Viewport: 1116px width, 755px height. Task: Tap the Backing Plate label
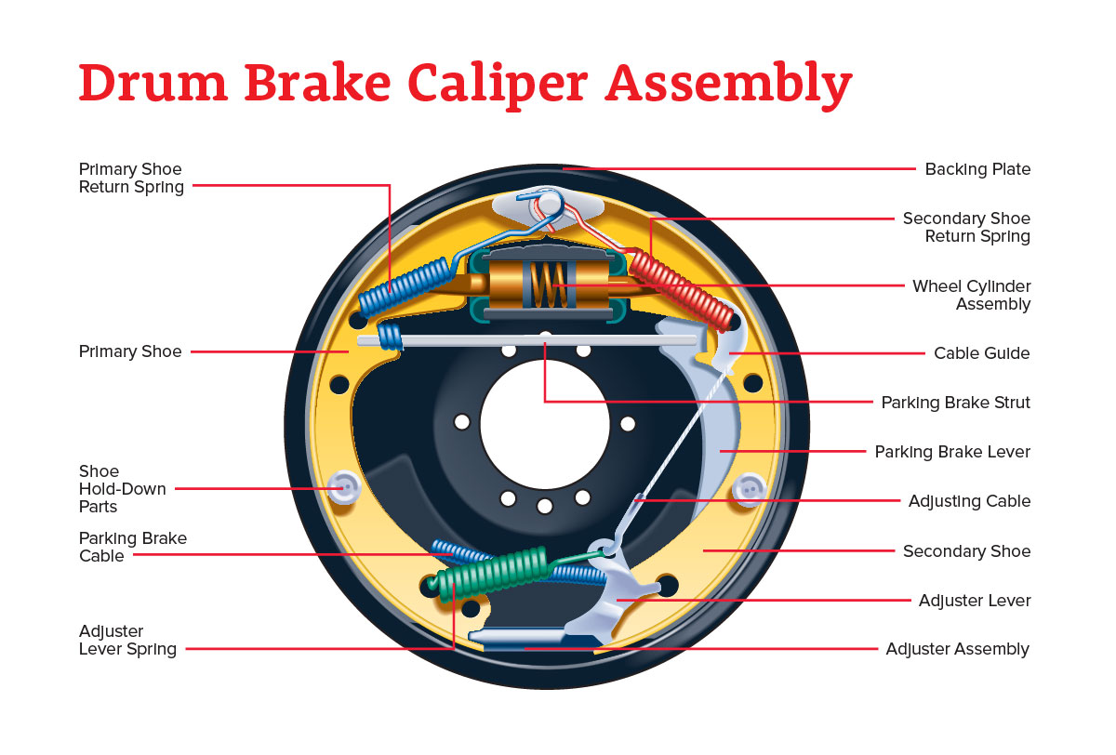tap(977, 169)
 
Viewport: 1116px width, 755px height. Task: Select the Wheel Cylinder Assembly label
tap(971, 295)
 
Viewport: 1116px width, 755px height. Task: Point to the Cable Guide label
tap(982, 353)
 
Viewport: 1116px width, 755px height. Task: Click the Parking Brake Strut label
tap(955, 403)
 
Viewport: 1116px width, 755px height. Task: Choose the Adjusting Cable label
tap(969, 501)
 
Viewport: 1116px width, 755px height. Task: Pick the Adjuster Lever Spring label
tap(127, 641)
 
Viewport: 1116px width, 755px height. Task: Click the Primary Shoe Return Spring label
tap(131, 178)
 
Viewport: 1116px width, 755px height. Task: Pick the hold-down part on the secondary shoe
tap(749, 487)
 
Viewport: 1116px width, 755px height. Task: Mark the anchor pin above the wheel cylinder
tap(548, 202)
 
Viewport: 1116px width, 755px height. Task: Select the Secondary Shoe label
tap(966, 551)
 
